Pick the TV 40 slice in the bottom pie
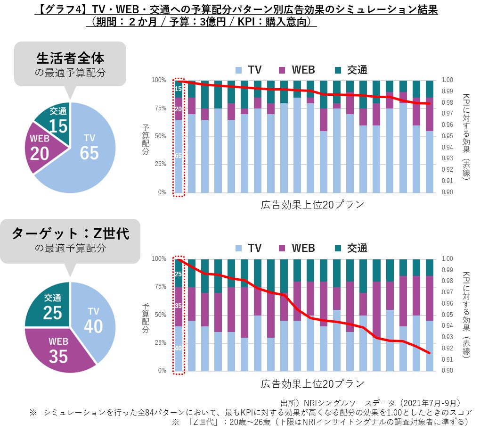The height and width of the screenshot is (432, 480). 93,321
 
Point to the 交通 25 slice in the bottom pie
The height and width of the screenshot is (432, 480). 52,307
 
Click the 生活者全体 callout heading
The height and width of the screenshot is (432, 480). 70,58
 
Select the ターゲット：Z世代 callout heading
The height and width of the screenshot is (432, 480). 70,234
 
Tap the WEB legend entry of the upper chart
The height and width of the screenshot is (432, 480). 297,70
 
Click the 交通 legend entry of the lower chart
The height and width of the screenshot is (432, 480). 351,248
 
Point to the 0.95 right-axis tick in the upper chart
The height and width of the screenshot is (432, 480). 447,136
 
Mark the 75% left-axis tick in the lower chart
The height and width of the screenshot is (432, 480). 161,287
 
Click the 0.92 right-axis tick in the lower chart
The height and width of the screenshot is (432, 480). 447,348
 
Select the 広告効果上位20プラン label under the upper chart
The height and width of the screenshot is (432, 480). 312,205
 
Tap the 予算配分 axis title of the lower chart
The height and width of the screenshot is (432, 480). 146,315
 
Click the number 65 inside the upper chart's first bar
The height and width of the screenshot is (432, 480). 179,156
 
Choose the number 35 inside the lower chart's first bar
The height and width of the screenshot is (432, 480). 179,306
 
